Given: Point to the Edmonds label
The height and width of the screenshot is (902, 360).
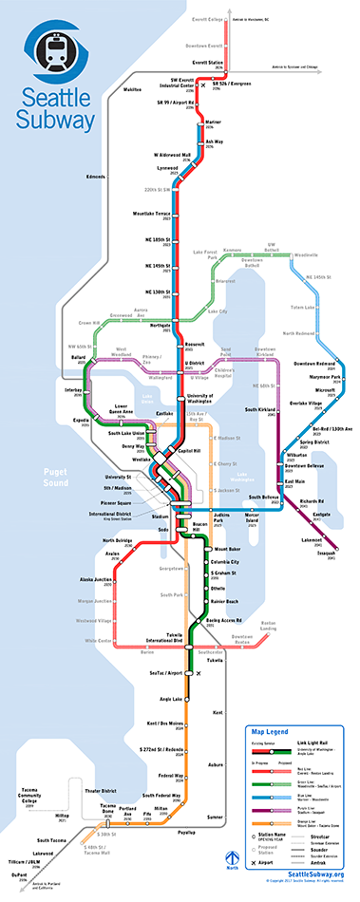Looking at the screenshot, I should point(96,177).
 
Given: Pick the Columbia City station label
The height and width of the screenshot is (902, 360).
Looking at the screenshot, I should point(229,563).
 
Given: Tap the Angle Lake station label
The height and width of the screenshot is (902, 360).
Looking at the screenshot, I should point(172,699).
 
